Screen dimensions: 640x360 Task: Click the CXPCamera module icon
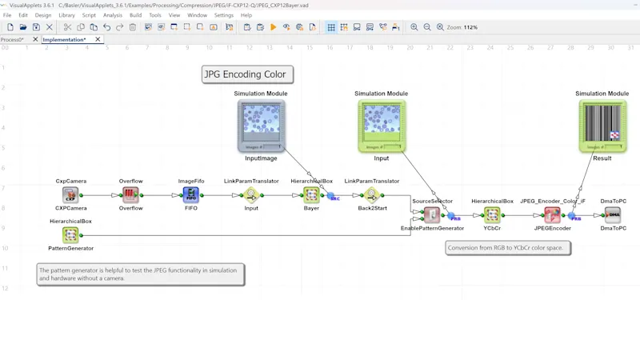[x=70, y=194]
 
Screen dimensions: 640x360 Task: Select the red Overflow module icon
[x=130, y=194]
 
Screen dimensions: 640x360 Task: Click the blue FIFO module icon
[x=190, y=194]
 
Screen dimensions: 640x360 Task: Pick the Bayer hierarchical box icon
[x=311, y=194]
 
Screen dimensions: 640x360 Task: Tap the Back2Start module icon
[x=371, y=194]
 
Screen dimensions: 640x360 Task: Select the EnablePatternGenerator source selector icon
[x=432, y=215]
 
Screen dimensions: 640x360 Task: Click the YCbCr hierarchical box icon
[x=492, y=215]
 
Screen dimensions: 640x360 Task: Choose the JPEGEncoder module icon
[x=552, y=215]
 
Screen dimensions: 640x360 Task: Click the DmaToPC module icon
[x=613, y=215]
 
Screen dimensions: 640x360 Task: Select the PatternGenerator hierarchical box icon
[x=70, y=235]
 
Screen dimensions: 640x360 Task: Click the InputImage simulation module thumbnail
[x=261, y=125]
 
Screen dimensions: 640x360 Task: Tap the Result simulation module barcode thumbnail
[x=602, y=125]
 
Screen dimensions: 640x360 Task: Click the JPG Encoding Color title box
[x=245, y=74]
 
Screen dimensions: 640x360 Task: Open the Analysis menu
[x=113, y=15]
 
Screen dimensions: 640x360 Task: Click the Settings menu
[x=224, y=15]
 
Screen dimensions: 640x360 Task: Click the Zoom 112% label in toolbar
[x=463, y=27]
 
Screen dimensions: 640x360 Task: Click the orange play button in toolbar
[x=274, y=27]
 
